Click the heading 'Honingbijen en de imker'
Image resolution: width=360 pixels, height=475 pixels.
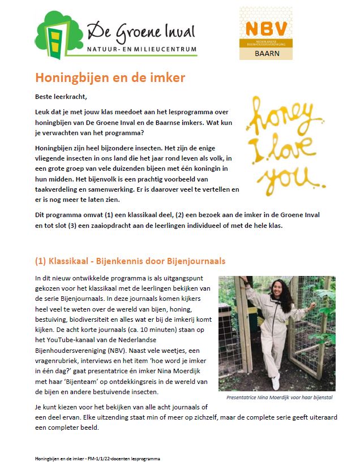[110, 77]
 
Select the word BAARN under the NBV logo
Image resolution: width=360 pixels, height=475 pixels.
[266, 54]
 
